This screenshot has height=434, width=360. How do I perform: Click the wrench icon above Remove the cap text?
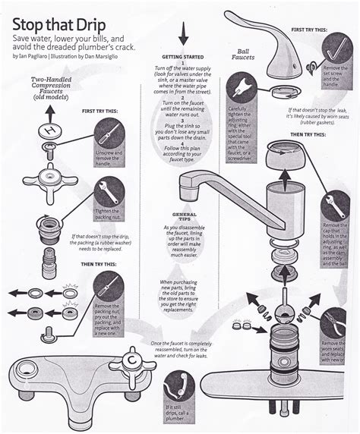pos(335,204)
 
